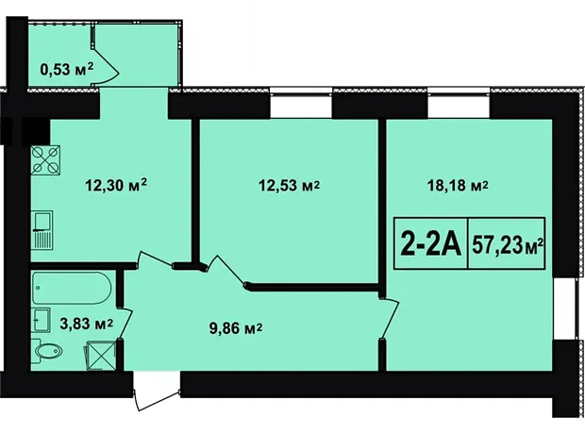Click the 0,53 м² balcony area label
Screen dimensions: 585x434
pos(67,70)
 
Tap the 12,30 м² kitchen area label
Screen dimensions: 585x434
pos(116,184)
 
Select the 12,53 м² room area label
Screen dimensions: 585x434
pos(290,185)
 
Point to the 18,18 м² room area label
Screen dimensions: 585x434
pos(458,185)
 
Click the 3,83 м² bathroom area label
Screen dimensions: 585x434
pos(87,324)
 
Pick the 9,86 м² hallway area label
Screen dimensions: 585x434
pos(236,328)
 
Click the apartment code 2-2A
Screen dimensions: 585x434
pos(431,243)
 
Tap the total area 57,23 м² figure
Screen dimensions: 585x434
pos(507,245)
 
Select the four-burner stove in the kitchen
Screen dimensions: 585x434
pos(46,160)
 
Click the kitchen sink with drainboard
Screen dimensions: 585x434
pos(42,230)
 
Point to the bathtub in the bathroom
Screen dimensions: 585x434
pos(72,288)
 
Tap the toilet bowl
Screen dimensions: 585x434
pos(46,351)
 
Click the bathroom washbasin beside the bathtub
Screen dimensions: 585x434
pos(42,320)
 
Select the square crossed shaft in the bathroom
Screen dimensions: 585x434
pos(102,356)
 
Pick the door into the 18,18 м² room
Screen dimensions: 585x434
pos(389,318)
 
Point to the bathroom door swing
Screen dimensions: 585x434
pos(125,324)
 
